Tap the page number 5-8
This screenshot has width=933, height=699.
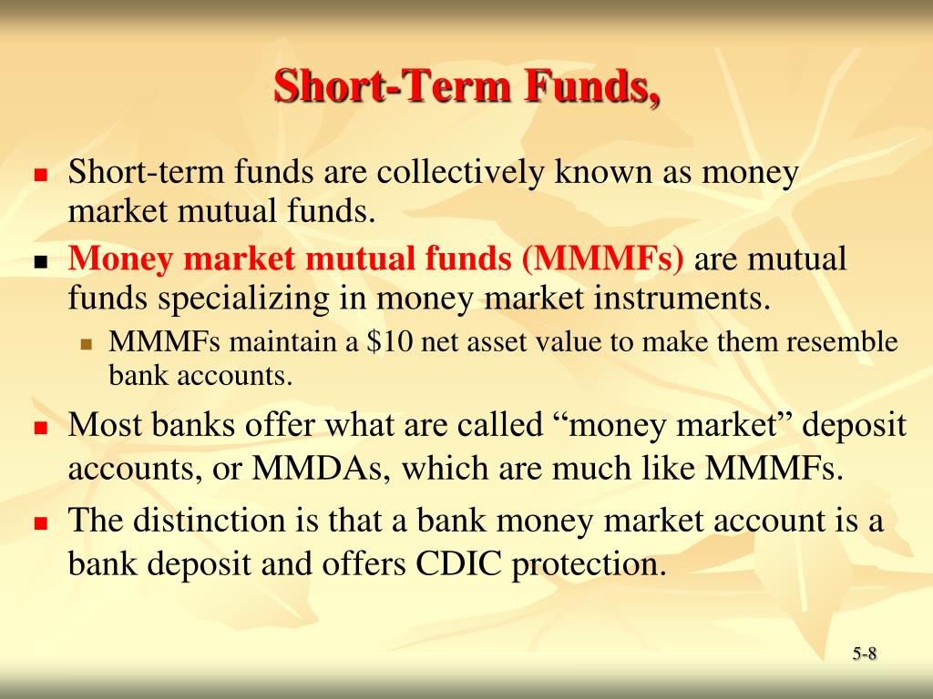pyautogui.click(x=864, y=653)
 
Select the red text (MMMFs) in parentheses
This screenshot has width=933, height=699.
pyautogui.click(x=603, y=258)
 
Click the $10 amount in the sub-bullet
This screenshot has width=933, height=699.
pyautogui.click(x=389, y=342)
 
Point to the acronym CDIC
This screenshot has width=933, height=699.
pyautogui.click(x=458, y=562)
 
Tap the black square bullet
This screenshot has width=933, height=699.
pyautogui.click(x=40, y=261)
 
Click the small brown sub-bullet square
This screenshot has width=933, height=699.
pyautogui.click(x=87, y=344)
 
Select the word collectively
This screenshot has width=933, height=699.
pyautogui.click(x=460, y=172)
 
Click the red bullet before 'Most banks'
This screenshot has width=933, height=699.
pyautogui.click(x=40, y=428)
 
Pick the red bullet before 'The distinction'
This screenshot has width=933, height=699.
pyautogui.click(x=40, y=523)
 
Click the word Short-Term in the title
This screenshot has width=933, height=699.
pyautogui.click(x=393, y=86)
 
